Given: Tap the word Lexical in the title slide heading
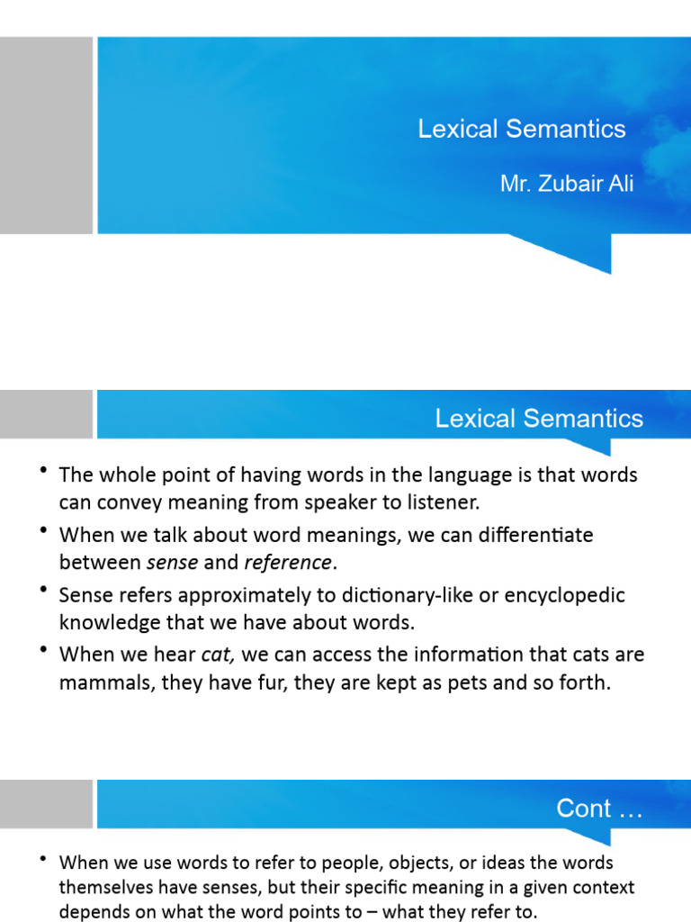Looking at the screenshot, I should pos(457,129).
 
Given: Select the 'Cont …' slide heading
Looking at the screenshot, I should pos(599,809).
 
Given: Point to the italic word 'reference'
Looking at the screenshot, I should pos(287,564).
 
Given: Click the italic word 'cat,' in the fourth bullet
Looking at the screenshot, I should pos(216,654).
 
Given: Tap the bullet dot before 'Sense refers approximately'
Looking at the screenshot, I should pos(44,592).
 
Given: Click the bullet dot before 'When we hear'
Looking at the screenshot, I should pos(44,650).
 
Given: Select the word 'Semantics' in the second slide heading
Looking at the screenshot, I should pos(583,419).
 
